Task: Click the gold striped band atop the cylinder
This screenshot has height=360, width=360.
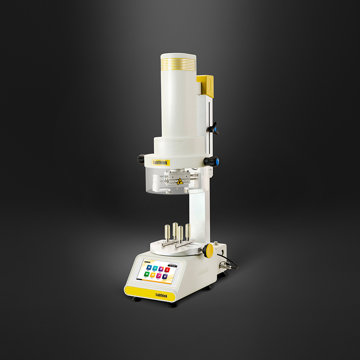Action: coord(178,61)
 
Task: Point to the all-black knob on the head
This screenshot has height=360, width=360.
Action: coord(141,159)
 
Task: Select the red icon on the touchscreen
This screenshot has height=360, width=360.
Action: coord(167,269)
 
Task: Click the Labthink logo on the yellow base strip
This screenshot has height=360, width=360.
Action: coord(162,294)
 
